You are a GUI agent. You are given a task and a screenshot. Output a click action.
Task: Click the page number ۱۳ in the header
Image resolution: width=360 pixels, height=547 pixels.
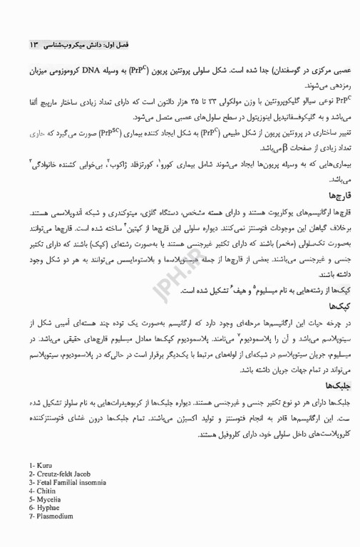point(34,45)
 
